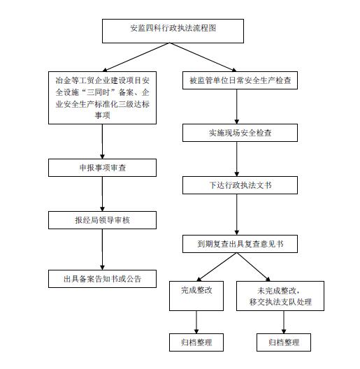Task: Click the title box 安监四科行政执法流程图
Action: point(173,31)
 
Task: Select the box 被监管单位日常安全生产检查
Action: point(240,80)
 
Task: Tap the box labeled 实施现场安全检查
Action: point(240,133)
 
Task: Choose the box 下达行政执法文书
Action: point(240,185)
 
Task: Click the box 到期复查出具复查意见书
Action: point(240,244)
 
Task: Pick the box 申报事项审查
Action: point(103,168)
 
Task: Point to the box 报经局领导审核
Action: point(103,220)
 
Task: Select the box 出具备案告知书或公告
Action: point(103,279)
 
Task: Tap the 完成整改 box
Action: point(196,296)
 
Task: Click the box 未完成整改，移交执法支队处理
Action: point(280,296)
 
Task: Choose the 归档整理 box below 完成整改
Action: point(196,342)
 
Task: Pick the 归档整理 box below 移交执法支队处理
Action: point(284,342)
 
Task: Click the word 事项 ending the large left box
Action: point(103,115)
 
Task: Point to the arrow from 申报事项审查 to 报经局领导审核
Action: point(103,194)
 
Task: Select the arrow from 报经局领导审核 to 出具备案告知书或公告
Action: point(103,249)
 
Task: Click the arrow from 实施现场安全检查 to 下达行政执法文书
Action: point(237,159)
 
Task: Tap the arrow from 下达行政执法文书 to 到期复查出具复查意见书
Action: point(237,215)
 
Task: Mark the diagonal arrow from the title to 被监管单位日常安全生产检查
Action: point(203,57)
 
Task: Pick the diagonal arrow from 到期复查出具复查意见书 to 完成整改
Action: point(217,267)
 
